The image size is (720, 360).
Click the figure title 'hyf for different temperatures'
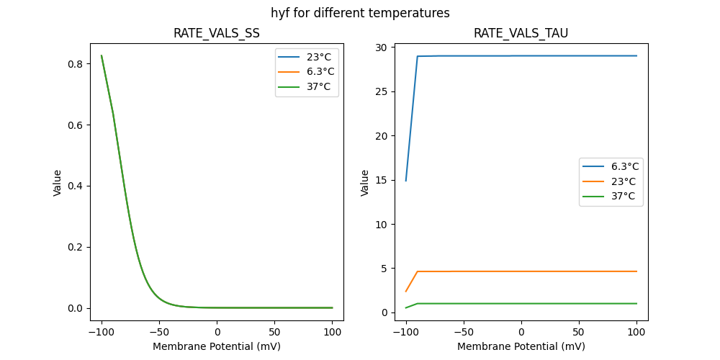click(x=360, y=13)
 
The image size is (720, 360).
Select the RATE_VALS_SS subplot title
click(x=216, y=34)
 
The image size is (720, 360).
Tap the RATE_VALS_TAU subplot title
click(x=521, y=34)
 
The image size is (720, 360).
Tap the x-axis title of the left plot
click(x=216, y=346)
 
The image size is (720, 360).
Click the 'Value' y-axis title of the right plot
click(x=365, y=182)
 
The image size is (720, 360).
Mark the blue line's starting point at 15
click(x=406, y=180)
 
